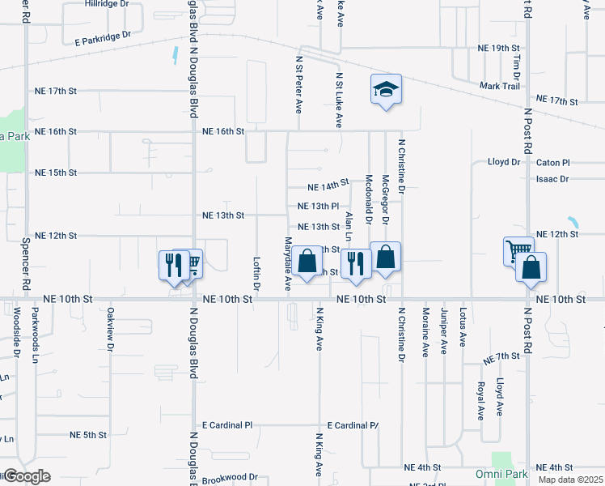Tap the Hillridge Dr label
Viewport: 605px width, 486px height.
pyautogui.click(x=107, y=4)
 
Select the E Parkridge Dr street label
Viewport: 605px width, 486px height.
pyautogui.click(x=102, y=37)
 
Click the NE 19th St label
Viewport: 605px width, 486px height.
pyautogui.click(x=497, y=49)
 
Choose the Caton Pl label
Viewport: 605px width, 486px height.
pyautogui.click(x=553, y=162)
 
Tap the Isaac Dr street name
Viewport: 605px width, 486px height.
pyautogui.click(x=552, y=179)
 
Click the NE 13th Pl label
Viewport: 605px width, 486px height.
pyautogui.click(x=317, y=207)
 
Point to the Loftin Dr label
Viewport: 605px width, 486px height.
pyautogui.click(x=256, y=274)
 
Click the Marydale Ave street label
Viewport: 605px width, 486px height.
pyautogui.click(x=288, y=265)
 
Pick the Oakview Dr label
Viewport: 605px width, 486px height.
pyautogui.click(x=111, y=333)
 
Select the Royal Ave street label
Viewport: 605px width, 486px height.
pyautogui.click(x=480, y=400)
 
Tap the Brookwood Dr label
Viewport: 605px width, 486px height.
pyautogui.click(x=230, y=478)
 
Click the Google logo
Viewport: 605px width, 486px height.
pyautogui.click(x=26, y=475)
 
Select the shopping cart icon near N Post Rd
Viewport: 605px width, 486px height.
pyautogui.click(x=518, y=250)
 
